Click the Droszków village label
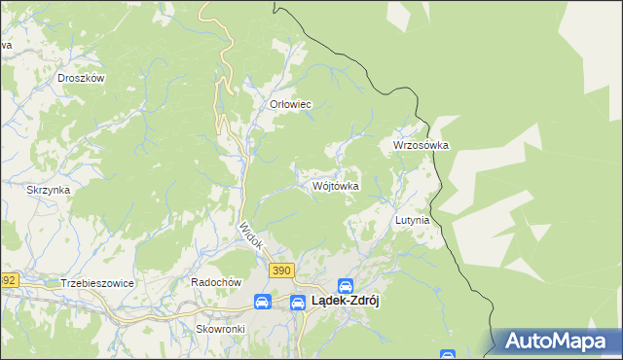tap(81, 78)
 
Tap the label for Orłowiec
tap(290, 104)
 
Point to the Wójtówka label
tap(337, 185)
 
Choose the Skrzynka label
tap(49, 190)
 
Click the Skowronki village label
tap(220, 329)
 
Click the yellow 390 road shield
tap(282, 270)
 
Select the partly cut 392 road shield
tap(8, 280)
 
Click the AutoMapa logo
tap(558, 342)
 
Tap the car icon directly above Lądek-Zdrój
tap(345, 285)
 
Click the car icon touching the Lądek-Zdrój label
tap(297, 302)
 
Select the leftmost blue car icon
tap(262, 302)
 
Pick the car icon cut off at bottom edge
tap(447, 355)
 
